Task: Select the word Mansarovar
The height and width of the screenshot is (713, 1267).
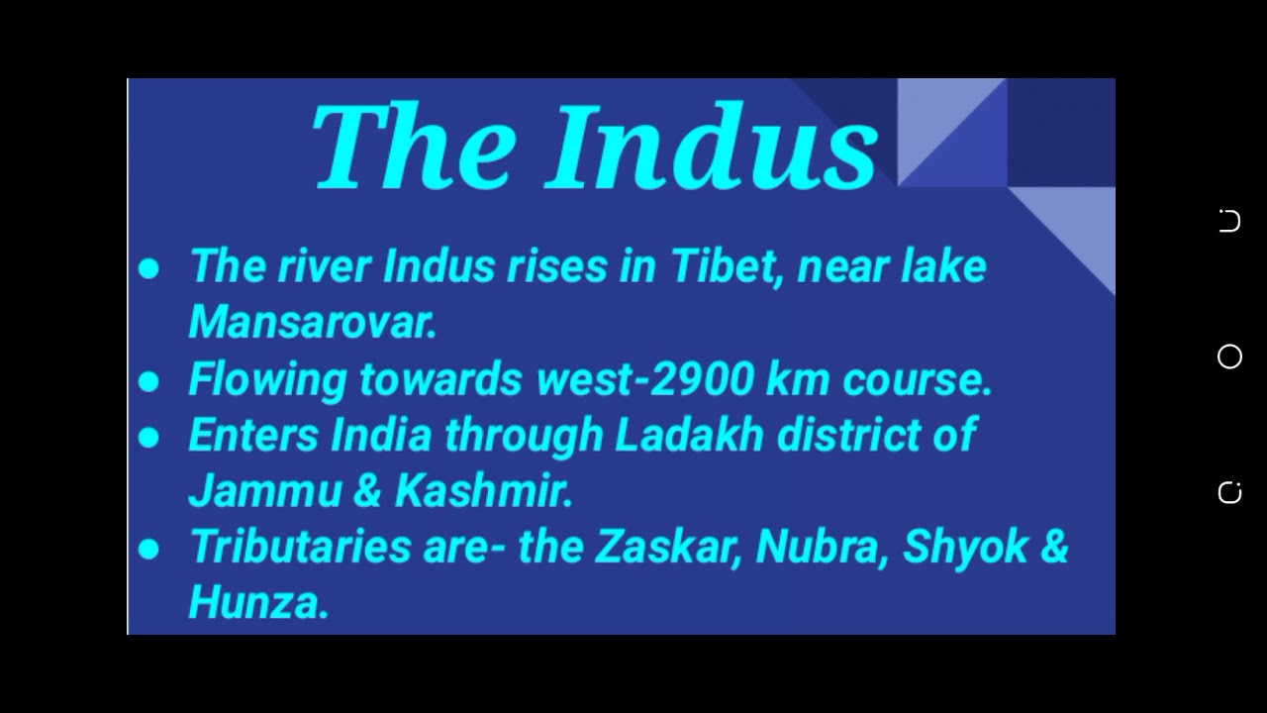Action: click(x=312, y=322)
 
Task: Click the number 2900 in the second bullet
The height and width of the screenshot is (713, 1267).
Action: click(x=702, y=378)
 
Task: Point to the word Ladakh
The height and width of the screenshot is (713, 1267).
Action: click(x=689, y=434)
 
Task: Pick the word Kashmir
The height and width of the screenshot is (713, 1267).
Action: click(x=484, y=490)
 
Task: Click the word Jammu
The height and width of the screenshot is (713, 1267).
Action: click(x=265, y=490)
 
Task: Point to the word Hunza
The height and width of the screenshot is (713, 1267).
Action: click(x=258, y=601)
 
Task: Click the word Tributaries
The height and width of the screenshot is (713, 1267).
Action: click(x=301, y=546)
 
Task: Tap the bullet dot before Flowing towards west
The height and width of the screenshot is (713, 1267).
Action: click(x=148, y=381)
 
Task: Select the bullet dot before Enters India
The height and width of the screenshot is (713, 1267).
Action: click(x=148, y=438)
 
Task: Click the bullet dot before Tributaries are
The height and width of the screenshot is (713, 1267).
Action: click(x=148, y=549)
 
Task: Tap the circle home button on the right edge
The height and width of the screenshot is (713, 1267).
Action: click(x=1229, y=356)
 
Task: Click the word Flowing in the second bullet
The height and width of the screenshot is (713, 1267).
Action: click(x=267, y=379)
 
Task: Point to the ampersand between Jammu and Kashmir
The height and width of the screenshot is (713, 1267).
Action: click(x=368, y=490)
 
